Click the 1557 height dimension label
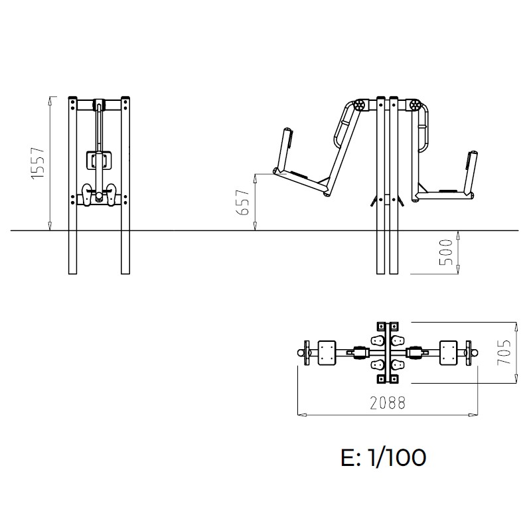click(38, 163)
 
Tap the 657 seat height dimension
click(242, 202)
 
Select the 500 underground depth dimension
click(445, 252)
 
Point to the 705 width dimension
click(504, 352)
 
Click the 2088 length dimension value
click(388, 403)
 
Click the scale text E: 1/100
click(384, 457)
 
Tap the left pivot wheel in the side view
click(360, 106)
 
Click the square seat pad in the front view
click(98, 160)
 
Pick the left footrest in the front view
click(87, 195)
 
